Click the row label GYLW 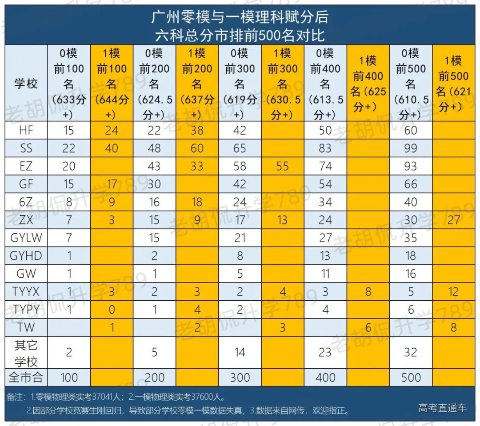(x=26, y=238)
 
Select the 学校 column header (x=26, y=83)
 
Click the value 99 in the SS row (x=411, y=148)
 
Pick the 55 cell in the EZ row (x=282, y=166)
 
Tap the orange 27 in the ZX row (x=454, y=220)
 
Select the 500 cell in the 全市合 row (x=411, y=378)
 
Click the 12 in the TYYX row (x=454, y=292)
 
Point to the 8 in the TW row (x=454, y=328)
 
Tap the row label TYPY (x=26, y=310)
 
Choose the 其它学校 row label (x=26, y=352)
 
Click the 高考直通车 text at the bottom (x=442, y=408)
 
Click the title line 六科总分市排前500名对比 (x=240, y=34)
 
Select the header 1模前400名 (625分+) (x=368, y=84)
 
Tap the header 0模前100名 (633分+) (x=69, y=83)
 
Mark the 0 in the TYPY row (x=112, y=310)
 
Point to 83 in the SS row (x=325, y=148)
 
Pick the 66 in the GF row (x=411, y=184)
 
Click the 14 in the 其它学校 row (x=240, y=352)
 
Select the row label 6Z (x=26, y=202)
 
